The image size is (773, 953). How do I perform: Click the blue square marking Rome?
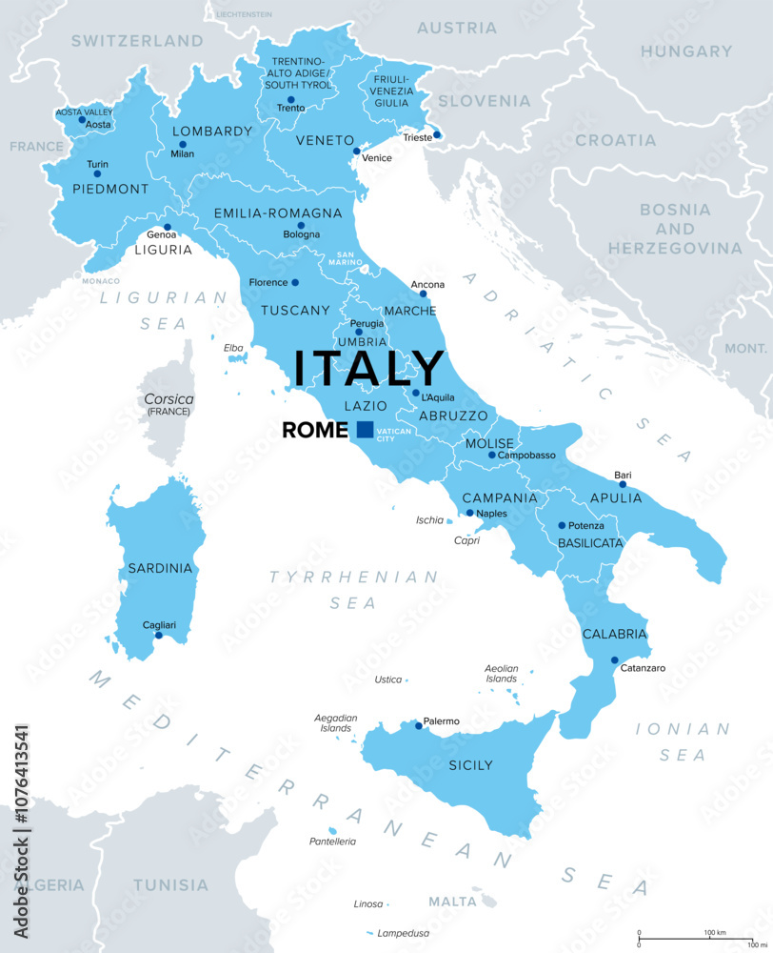coord(365,430)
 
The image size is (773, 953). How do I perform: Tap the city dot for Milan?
coord(183,145)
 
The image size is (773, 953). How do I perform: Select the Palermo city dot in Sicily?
coord(416,725)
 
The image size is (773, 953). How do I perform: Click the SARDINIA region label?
coord(160,568)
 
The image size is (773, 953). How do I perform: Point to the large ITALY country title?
coord(368,369)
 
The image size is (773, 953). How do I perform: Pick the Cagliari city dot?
coord(159,635)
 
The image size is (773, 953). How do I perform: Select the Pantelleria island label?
coord(332,841)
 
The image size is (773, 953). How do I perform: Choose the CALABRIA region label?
coord(614,634)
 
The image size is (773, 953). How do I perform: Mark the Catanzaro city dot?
coord(614,659)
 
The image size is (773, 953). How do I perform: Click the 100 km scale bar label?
coord(715,931)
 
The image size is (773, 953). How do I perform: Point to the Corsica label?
coord(169,398)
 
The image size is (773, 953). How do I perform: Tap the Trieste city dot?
coord(437,134)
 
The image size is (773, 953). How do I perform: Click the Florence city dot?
coord(295,282)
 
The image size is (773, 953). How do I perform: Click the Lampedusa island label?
coord(406,932)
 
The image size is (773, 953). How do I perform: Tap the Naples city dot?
coord(469,513)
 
